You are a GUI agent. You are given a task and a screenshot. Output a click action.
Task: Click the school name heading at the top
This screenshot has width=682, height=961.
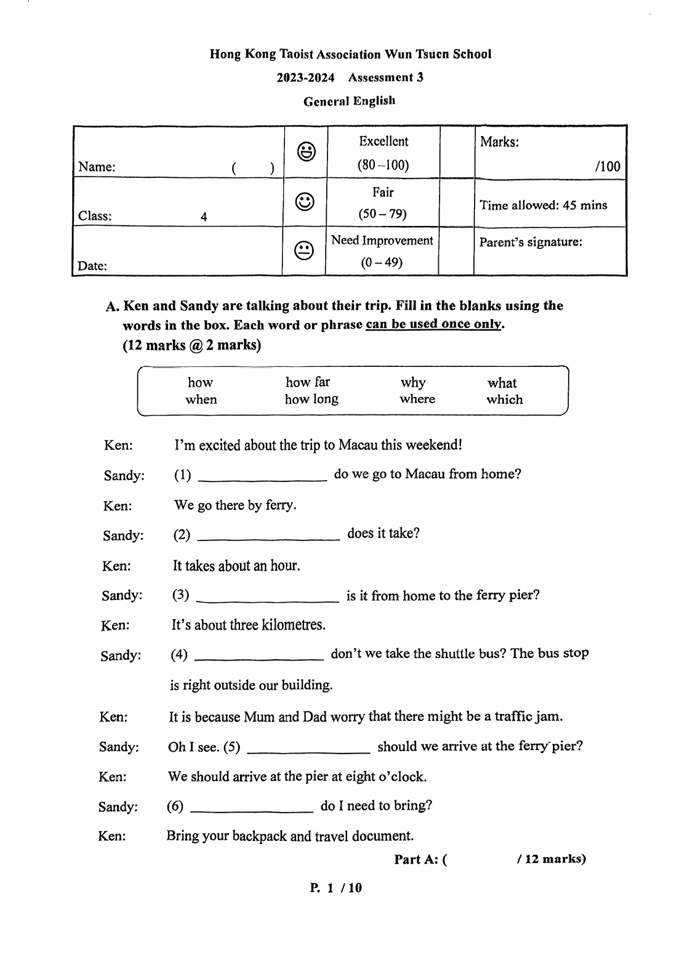[x=350, y=54]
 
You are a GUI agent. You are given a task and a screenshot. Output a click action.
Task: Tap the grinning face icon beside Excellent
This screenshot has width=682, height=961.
[x=307, y=151]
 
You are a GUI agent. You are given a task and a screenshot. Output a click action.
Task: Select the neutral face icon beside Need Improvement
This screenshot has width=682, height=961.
[x=304, y=251]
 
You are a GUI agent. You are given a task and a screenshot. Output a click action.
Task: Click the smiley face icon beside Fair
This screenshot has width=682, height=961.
[x=305, y=201]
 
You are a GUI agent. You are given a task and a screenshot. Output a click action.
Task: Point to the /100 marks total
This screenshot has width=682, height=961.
[x=608, y=166]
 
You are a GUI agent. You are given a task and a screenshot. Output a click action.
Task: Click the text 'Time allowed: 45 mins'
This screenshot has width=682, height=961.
[x=543, y=205]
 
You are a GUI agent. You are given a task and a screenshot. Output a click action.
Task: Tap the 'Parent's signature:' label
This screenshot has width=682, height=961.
[x=530, y=242]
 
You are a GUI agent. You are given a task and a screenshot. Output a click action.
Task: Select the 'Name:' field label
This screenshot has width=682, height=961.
[x=97, y=167]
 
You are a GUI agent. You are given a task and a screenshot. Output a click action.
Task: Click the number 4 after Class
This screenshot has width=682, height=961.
[x=204, y=217]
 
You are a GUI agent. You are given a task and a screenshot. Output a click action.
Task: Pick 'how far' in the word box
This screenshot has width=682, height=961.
[x=308, y=382]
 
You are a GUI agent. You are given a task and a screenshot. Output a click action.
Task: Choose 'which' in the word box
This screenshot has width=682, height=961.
[x=504, y=400]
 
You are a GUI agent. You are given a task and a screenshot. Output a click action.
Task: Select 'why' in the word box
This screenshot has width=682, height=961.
[x=413, y=382]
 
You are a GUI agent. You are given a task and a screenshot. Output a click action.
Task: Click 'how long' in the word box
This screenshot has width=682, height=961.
[x=311, y=400]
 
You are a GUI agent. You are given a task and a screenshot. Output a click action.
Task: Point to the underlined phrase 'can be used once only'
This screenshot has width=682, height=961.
[x=434, y=324]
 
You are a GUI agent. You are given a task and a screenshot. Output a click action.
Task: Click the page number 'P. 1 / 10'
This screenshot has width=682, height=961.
[x=336, y=887]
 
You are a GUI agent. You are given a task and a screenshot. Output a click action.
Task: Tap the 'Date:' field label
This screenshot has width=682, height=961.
[x=92, y=266]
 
